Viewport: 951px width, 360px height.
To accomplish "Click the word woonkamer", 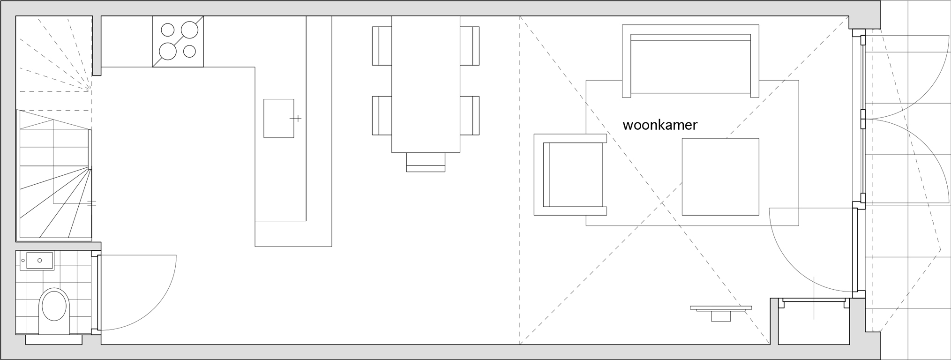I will tap(659, 125).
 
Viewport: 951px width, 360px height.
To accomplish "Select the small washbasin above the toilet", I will tap(37, 260).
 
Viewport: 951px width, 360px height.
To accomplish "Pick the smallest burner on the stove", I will tap(189, 51).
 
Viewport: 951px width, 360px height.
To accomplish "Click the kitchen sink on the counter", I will tap(278, 118).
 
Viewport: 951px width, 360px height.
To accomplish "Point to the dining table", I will tap(426, 84).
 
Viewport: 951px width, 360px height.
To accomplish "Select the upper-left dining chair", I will tap(382, 45).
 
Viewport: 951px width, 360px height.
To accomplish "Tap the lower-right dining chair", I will tap(470, 115).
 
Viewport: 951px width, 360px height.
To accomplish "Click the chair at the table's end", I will tap(426, 162).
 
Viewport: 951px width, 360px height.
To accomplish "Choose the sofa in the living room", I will tap(690, 61).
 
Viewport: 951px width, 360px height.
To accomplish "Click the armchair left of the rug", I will tap(570, 174).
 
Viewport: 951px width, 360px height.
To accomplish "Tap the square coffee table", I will tap(720, 177).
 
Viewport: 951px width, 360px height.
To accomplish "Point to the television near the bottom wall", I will tap(721, 310).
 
